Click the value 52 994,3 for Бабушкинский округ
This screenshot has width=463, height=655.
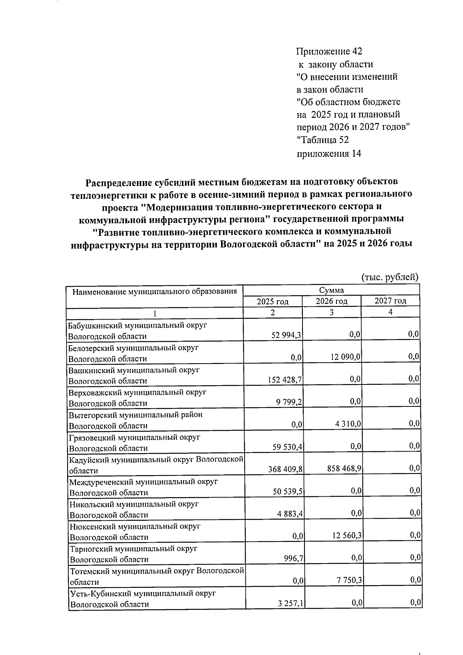pyautogui.click(x=286, y=336)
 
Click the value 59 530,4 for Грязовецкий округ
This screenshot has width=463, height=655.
pyautogui.click(x=287, y=447)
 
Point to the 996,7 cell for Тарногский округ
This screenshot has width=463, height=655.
pyautogui.click(x=294, y=559)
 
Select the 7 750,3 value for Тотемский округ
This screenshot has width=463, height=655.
pyautogui.click(x=349, y=581)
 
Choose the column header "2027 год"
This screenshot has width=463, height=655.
pyautogui.click(x=390, y=301)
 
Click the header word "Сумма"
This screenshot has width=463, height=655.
pyautogui.click(x=331, y=290)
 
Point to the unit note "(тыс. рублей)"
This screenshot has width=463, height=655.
pyautogui.click(x=390, y=277)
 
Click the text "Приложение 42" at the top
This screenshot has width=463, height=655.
pyautogui.click(x=329, y=51)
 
